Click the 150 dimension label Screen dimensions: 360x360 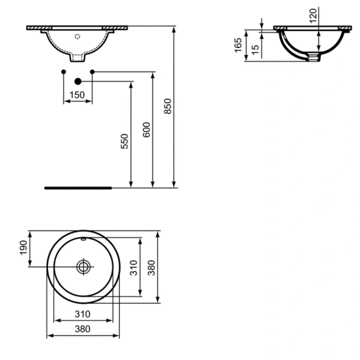click(x=76, y=95)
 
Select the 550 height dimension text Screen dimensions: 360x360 click(x=124, y=141)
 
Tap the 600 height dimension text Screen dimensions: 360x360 click(x=146, y=131)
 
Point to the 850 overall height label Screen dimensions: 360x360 click(x=168, y=106)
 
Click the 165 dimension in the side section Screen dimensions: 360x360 click(x=238, y=45)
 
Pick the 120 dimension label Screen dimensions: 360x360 click(x=313, y=16)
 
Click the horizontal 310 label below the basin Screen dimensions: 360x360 click(x=82, y=314)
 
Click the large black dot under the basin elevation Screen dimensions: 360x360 click(x=77, y=80)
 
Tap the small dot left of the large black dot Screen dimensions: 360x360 click(x=64, y=72)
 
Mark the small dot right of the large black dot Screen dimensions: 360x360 click(x=92, y=72)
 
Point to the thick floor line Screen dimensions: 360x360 click(x=78, y=187)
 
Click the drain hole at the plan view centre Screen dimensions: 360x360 click(x=83, y=265)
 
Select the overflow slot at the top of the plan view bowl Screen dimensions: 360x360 click(x=83, y=241)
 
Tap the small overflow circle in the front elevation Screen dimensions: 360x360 click(x=77, y=35)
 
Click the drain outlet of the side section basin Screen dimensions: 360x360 click(x=311, y=58)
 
